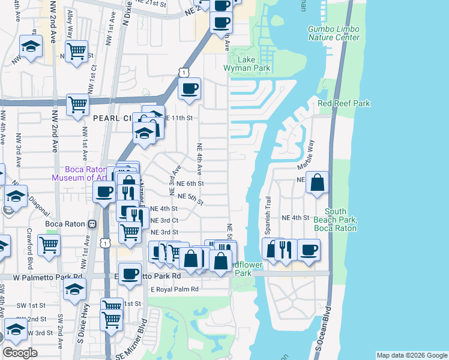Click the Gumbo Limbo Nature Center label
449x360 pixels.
334,33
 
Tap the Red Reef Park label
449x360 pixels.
344,103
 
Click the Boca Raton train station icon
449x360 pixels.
92,224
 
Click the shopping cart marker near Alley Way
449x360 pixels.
76,51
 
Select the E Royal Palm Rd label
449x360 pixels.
174,289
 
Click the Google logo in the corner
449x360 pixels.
20,353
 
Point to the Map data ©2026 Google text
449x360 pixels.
412,355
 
